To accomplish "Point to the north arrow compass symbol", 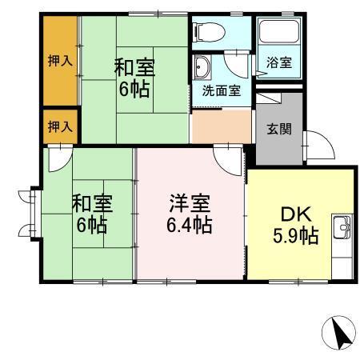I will tap(339, 333).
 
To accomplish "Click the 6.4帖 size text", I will tap(190, 225).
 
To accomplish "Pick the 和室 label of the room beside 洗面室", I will tap(134, 66).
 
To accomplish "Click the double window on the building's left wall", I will tap(30, 213).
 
